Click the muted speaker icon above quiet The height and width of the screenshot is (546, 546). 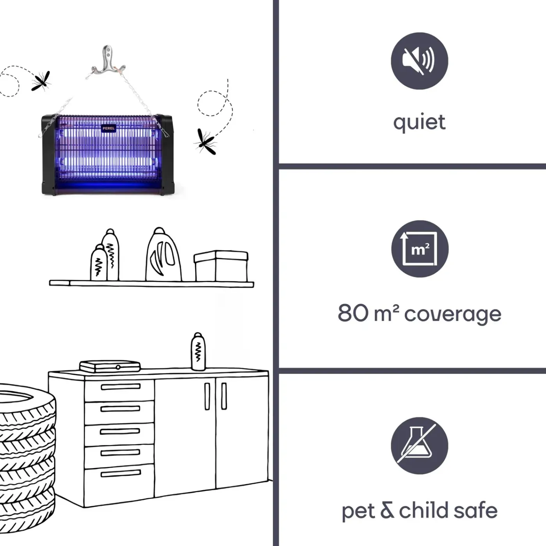(x=419, y=61)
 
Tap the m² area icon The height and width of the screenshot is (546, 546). (x=420, y=249)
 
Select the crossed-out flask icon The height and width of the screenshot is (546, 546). (x=419, y=445)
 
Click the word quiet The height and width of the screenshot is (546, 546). (x=419, y=123)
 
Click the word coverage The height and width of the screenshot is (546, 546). (x=452, y=315)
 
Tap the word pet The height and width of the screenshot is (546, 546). (x=359, y=511)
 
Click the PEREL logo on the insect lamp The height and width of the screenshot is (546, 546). (x=109, y=128)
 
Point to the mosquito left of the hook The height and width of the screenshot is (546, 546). (x=41, y=81)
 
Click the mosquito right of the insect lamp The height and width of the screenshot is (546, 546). (x=206, y=142)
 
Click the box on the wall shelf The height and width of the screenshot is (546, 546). (x=221, y=266)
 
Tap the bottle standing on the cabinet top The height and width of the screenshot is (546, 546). (x=199, y=351)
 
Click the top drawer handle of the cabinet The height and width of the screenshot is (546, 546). (x=121, y=387)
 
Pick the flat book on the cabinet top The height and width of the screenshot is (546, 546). (x=110, y=366)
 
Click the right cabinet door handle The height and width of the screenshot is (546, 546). (x=224, y=396)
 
